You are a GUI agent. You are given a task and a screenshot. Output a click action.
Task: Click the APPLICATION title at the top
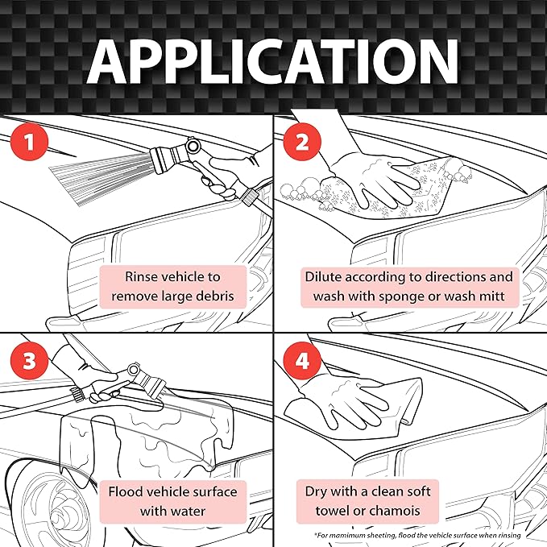[x=273, y=60]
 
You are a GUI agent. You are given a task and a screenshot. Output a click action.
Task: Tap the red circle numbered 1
[x=29, y=144]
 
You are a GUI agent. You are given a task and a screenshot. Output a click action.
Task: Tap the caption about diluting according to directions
[x=408, y=286]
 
